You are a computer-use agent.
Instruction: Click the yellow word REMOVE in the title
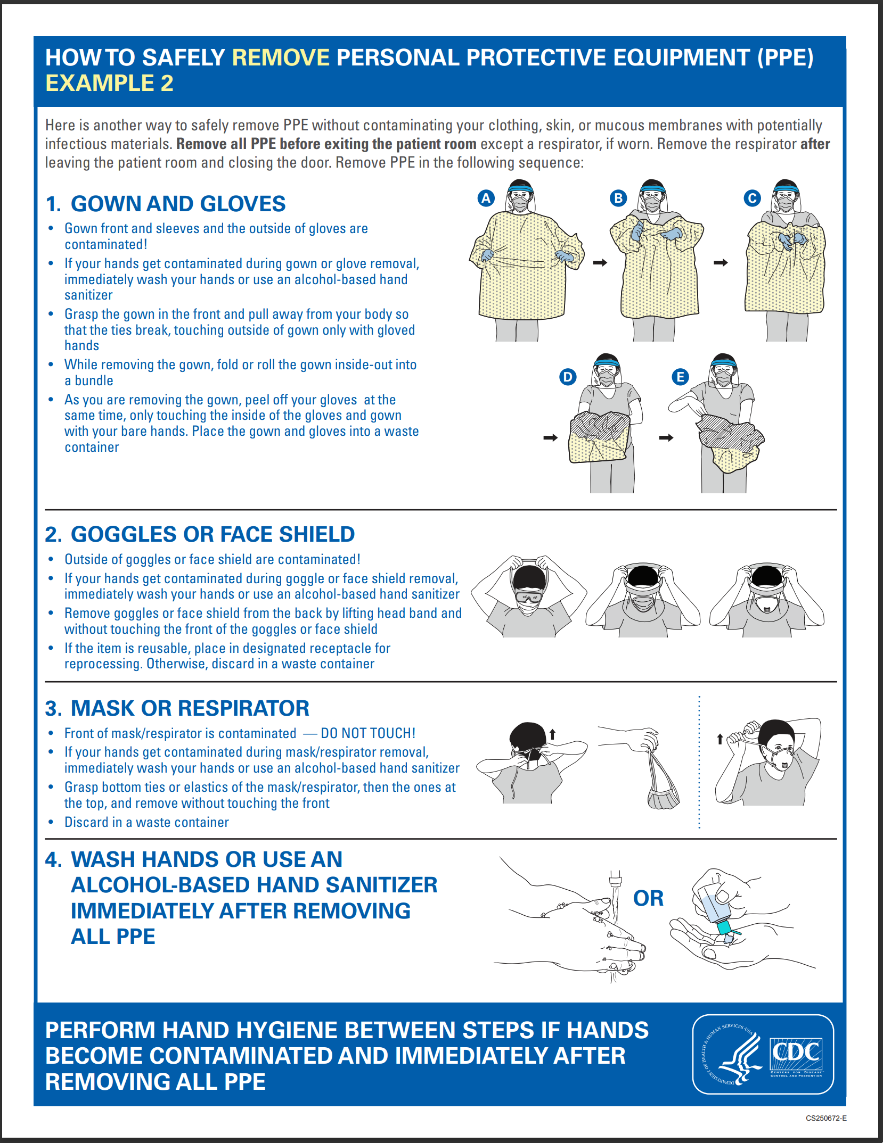tap(281, 57)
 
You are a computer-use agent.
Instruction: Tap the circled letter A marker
tap(486, 198)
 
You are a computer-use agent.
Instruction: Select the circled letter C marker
tap(752, 198)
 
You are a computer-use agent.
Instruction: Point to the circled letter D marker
tap(568, 377)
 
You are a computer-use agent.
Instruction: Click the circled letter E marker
tap(680, 377)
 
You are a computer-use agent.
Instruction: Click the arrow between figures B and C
tap(721, 262)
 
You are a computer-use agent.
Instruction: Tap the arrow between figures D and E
tap(666, 437)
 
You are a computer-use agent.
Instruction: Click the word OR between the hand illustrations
tap(648, 898)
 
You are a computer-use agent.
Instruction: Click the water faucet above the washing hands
tap(615, 877)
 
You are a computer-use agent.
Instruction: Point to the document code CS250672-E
tap(825, 1118)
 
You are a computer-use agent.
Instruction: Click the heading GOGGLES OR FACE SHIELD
tap(212, 534)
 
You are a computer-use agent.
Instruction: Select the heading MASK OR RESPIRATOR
tap(190, 708)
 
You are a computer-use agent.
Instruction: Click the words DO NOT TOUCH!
tap(367, 733)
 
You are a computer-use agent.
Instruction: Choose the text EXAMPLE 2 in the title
tap(109, 83)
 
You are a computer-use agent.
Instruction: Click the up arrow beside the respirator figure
tap(720, 739)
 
